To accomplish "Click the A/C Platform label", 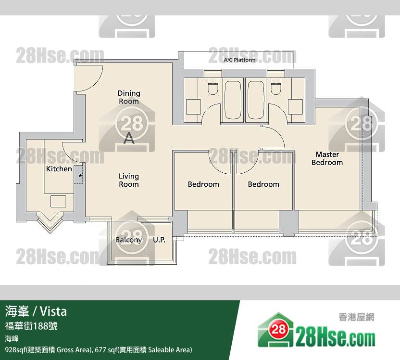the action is pyautogui.click(x=239, y=60).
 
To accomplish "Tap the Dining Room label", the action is pyautogui.click(x=129, y=97).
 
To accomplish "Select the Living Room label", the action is pyautogui.click(x=129, y=180).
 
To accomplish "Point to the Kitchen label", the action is pyautogui.click(x=59, y=169).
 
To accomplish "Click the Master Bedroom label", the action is pyautogui.click(x=327, y=158).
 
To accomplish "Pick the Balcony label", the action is pyautogui.click(x=128, y=240).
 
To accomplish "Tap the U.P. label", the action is pyautogui.click(x=159, y=240).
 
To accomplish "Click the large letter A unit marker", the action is pyautogui.click(x=129, y=138).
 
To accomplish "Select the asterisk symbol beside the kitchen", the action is pyautogui.click(x=80, y=176).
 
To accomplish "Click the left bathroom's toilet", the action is pyautogui.click(x=213, y=86).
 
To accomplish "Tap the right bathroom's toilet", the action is pyautogui.click(x=276, y=86).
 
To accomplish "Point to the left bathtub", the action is pyautogui.click(x=233, y=100).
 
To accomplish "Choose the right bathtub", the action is pyautogui.click(x=256, y=100).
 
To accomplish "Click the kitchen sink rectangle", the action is pyautogui.click(x=58, y=202).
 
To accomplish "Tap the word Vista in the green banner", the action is pyautogui.click(x=53, y=311).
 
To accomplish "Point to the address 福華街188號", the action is pyautogui.click(x=31, y=326).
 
